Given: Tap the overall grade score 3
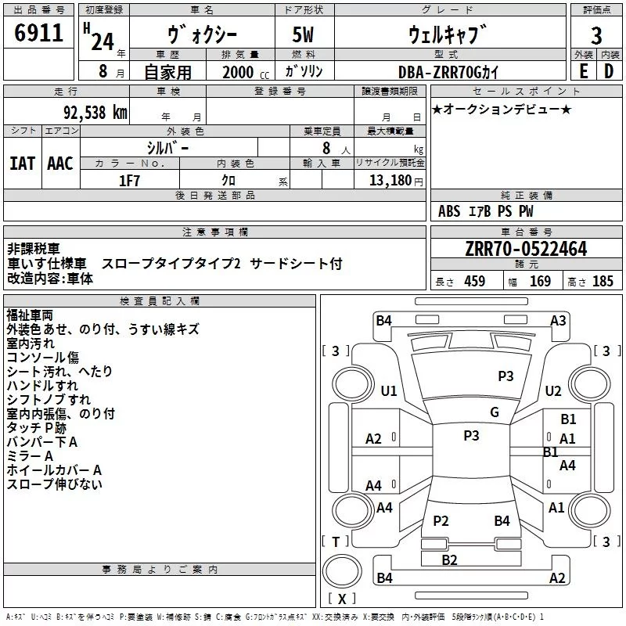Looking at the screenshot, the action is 596,36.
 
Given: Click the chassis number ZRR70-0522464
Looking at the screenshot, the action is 526,250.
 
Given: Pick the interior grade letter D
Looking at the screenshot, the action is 609,71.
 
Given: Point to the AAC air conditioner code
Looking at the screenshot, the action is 60,164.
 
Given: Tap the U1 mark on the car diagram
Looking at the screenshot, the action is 389,391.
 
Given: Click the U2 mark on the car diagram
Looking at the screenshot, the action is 553,391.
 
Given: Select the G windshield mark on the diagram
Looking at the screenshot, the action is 494,412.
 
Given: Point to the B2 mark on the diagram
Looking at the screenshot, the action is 449,559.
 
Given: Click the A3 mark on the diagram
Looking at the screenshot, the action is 558,320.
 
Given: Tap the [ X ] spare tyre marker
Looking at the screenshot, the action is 342,599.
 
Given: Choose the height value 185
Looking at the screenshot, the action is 603,282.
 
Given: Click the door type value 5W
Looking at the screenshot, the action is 305,36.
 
